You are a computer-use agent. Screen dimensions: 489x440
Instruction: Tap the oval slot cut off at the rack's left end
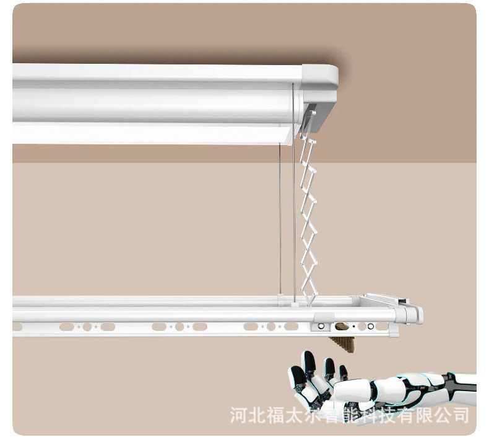pos(17,326)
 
